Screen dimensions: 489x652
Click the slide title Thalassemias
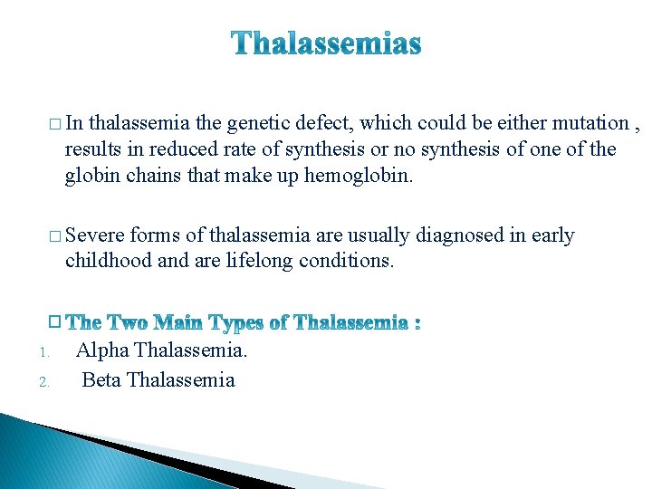(326, 43)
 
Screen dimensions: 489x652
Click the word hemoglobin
(360, 174)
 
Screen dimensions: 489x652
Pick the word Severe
(95, 235)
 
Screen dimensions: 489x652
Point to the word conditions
(350, 261)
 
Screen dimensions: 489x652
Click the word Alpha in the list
(102, 350)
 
